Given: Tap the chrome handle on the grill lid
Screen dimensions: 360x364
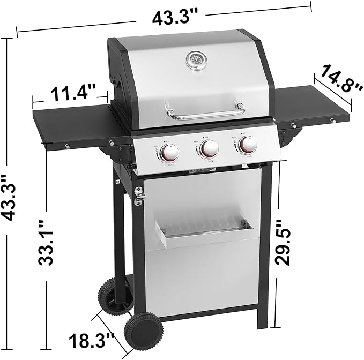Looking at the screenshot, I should [x=205, y=112].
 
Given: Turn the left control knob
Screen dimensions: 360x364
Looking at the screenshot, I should [x=169, y=154].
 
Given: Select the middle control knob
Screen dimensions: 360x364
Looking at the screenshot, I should [x=209, y=149].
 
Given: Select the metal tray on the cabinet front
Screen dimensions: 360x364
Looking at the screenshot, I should [x=203, y=235].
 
